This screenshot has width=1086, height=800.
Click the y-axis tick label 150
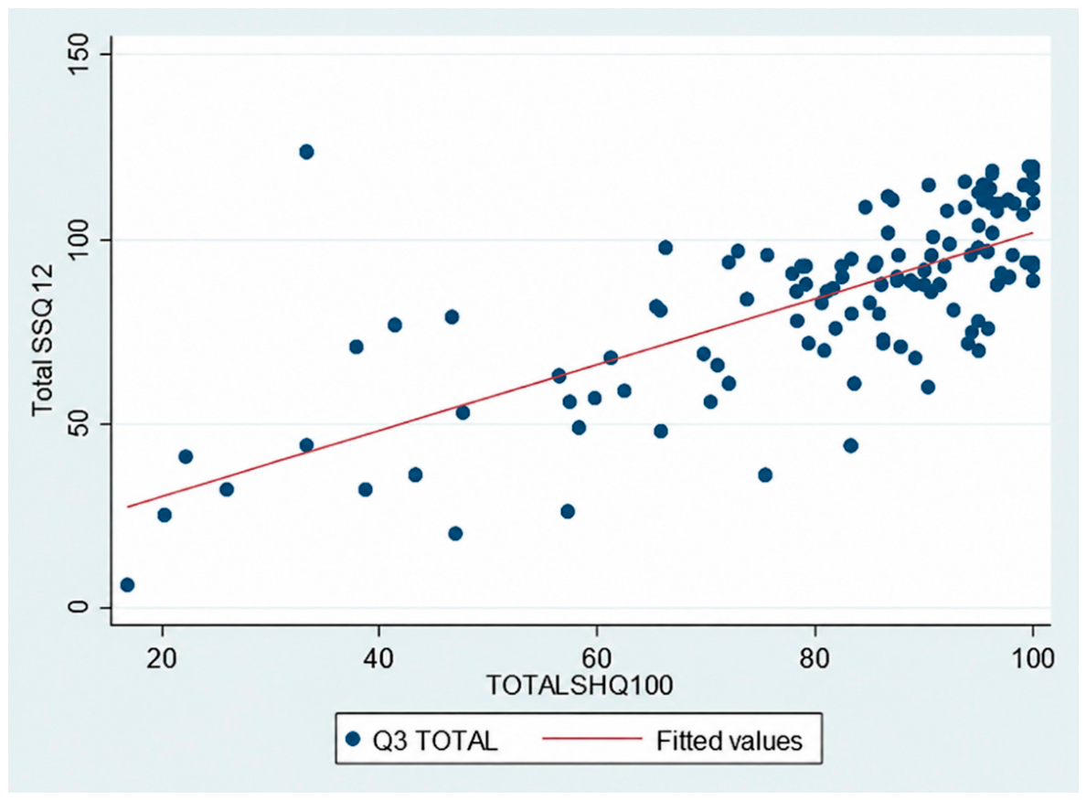pyautogui.click(x=80, y=55)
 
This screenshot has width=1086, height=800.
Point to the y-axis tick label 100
pyautogui.click(x=80, y=240)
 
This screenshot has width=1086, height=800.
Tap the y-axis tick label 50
pyautogui.click(x=80, y=424)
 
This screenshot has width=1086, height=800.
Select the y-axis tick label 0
pyautogui.click(x=80, y=607)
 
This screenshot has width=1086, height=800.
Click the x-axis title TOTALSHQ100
pyautogui.click(x=580, y=685)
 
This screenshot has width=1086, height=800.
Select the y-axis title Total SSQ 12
pyautogui.click(x=42, y=339)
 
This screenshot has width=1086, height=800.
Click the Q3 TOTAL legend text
pyautogui.click(x=435, y=741)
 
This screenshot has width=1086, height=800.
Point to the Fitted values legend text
pyautogui.click(x=729, y=741)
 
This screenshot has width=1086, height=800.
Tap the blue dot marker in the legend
pyautogui.click(x=353, y=740)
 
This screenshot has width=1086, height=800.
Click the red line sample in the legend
pyautogui.click(x=592, y=739)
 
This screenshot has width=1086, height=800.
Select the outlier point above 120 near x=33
pyautogui.click(x=306, y=152)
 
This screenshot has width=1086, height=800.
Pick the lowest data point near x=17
pyautogui.click(x=127, y=585)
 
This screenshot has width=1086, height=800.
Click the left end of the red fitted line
pyautogui.click(x=127, y=507)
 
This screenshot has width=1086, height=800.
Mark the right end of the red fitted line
pyautogui.click(x=1033, y=233)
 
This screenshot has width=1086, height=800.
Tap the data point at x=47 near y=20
pyautogui.click(x=455, y=533)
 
